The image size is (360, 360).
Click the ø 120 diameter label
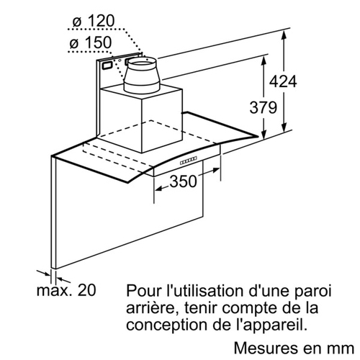pyautogui.click(x=94, y=21)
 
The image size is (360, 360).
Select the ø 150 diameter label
pyautogui.click(x=91, y=42)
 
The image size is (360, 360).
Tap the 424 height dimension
pyautogui.click(x=283, y=81)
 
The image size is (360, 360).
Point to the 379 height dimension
pyautogui.click(x=264, y=107)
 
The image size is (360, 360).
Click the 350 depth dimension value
pyautogui.click(x=183, y=181)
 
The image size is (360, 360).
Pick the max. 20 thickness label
pyautogui.click(x=66, y=290)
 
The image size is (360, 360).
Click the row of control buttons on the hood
pyautogui.click(x=189, y=161)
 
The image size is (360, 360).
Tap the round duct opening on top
pyautogui.click(x=142, y=63)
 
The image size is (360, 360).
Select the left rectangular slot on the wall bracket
pyautogui.click(x=107, y=65)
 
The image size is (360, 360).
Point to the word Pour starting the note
pyautogui.click(x=144, y=291)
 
